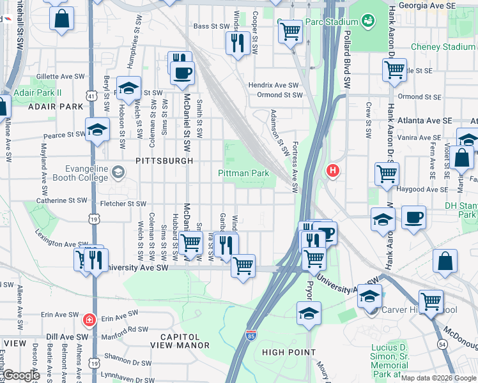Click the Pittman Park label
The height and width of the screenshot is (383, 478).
pyautogui.click(x=243, y=173)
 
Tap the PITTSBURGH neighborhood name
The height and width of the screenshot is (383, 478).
pyautogui.click(x=164, y=161)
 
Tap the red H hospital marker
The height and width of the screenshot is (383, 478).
pyautogui.click(x=332, y=170)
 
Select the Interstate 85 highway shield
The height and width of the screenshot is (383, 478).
pyautogui.click(x=251, y=334)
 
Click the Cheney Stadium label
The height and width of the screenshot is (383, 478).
pyautogui.click(x=443, y=47)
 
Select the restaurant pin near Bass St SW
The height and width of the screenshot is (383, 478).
pyautogui.click(x=237, y=43)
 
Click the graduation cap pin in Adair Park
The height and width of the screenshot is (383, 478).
pyautogui.click(x=128, y=88)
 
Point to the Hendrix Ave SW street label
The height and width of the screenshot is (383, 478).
pyautogui.click(x=274, y=85)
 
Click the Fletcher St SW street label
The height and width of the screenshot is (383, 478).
pyautogui.click(x=124, y=204)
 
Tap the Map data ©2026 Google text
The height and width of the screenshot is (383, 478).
pyautogui.click(x=438, y=377)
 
